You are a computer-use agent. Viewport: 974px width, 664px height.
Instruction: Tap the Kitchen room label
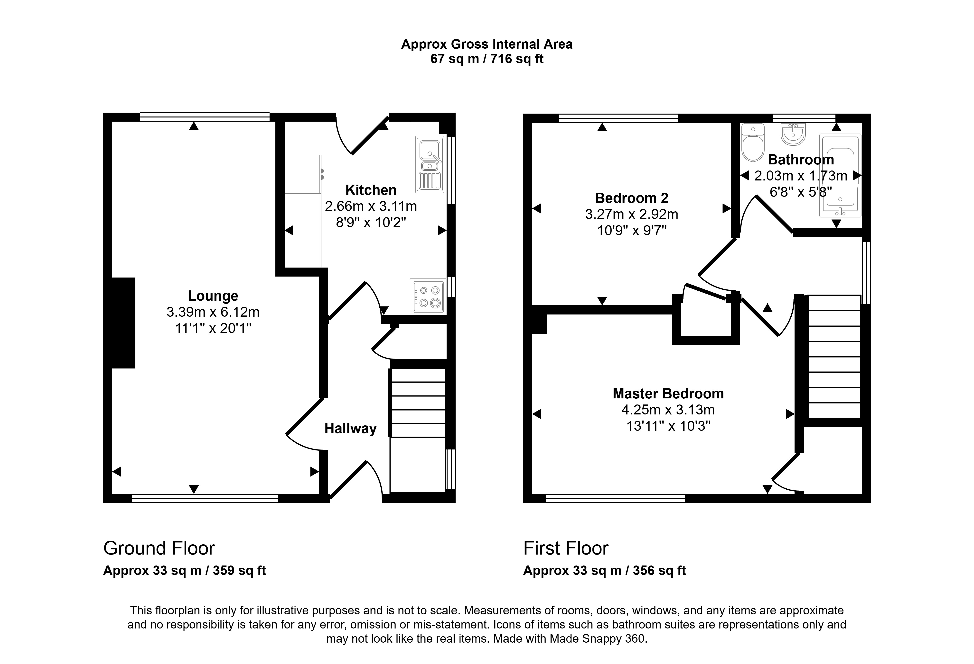pyautogui.click(x=371, y=190)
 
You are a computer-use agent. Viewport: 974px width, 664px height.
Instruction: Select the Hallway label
pyautogui.click(x=350, y=429)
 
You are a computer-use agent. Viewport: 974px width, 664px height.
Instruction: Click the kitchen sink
pyautogui.click(x=430, y=164)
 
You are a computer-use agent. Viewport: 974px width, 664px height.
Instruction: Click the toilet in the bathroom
pyautogui.click(x=753, y=142)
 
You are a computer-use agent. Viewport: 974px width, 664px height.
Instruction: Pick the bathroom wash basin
pyautogui.click(x=793, y=134)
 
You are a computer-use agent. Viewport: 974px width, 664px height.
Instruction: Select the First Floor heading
pyautogui.click(x=566, y=548)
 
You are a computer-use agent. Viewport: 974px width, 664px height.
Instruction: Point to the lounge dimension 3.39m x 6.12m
pyautogui.click(x=213, y=312)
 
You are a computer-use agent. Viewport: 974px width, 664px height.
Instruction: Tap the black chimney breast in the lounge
pyautogui.click(x=124, y=323)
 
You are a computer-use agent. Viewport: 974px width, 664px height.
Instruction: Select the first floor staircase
pyautogui.click(x=834, y=356)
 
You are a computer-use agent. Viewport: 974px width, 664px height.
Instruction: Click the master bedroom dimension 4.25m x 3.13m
pyautogui.click(x=668, y=409)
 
